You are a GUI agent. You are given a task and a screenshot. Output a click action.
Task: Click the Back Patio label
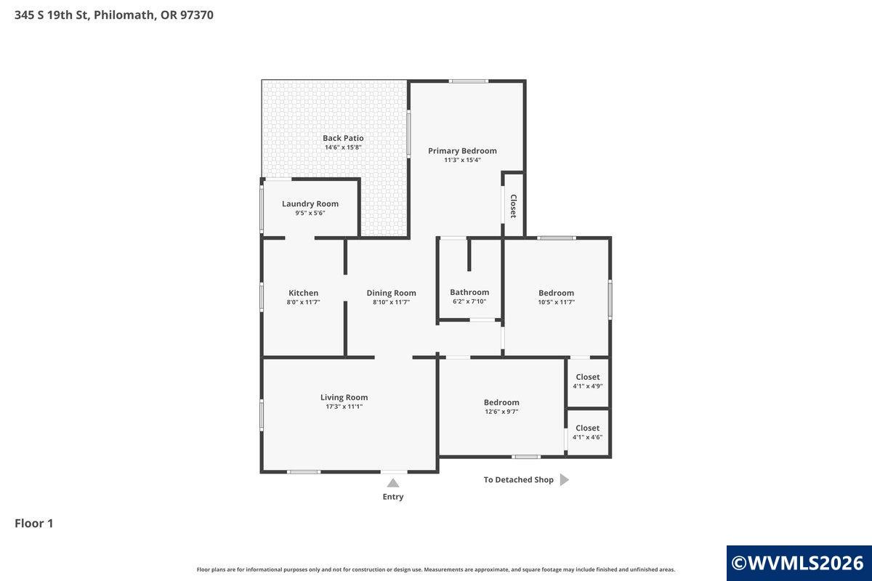343,138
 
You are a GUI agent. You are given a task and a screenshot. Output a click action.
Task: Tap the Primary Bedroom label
462,151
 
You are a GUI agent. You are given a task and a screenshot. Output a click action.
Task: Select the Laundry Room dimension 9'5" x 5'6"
310,213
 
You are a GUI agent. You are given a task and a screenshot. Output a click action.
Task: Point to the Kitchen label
303,293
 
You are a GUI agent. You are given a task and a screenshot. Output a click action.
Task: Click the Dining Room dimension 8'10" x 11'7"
391,302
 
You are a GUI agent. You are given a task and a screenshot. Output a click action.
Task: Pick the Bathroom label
469,292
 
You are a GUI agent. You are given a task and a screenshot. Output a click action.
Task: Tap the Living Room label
344,397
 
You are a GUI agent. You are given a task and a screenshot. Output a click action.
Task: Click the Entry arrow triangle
393,483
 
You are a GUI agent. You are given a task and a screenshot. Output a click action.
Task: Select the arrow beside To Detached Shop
565,480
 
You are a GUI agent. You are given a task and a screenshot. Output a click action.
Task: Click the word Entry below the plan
393,497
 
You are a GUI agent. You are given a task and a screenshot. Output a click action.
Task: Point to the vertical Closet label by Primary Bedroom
513,206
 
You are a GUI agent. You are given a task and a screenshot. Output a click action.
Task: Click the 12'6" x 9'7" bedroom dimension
501,412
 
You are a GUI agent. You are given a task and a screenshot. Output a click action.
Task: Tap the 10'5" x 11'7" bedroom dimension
557,302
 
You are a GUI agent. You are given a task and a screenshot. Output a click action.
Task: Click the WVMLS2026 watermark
798,563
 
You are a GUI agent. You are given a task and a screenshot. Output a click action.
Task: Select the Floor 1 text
34,523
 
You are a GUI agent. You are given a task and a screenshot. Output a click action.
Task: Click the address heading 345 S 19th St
114,15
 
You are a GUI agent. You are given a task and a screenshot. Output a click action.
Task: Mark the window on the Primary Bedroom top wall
468,81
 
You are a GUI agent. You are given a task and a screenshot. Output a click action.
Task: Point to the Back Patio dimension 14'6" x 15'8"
343,147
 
